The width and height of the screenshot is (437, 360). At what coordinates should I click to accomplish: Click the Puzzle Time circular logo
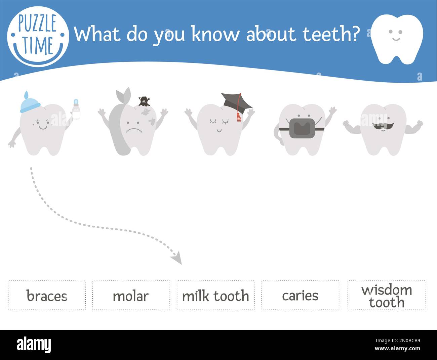click(38, 36)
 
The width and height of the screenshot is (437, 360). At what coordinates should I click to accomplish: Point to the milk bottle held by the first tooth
click(77, 109)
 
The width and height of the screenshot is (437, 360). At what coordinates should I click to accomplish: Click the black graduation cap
click(237, 102)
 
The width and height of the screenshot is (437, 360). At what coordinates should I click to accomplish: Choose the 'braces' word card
click(47, 296)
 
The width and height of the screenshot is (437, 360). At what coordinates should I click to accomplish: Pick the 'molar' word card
click(131, 296)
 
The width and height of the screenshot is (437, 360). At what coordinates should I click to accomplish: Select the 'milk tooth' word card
click(215, 296)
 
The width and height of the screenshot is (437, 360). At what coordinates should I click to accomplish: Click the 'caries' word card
click(300, 296)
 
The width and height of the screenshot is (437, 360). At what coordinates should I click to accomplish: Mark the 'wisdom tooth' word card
click(386, 296)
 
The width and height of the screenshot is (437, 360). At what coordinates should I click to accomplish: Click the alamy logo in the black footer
click(34, 345)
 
